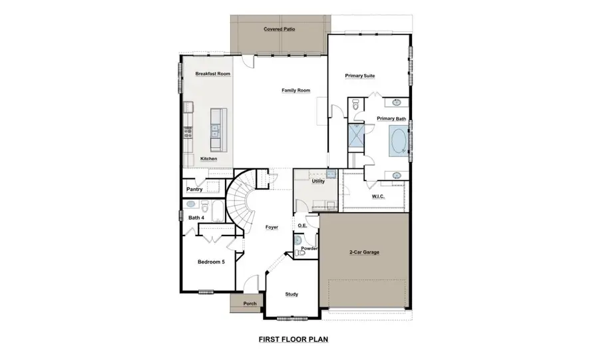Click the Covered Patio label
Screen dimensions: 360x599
pos(280,29)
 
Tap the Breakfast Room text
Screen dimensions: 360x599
pos(213,74)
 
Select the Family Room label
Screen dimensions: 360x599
pos(296,90)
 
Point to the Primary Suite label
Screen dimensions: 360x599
pos(359,76)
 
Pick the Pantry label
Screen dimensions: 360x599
pos(194,190)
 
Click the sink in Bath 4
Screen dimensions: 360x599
pos(190,204)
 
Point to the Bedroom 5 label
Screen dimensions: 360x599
pos(211,262)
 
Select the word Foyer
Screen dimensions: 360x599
pos(272,228)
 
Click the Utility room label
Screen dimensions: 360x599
pos(317,181)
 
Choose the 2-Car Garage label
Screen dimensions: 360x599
pos(364,253)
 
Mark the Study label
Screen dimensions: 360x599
pos(292,294)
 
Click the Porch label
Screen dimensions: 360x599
pos(250,304)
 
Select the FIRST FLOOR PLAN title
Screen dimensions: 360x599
pos(294,339)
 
